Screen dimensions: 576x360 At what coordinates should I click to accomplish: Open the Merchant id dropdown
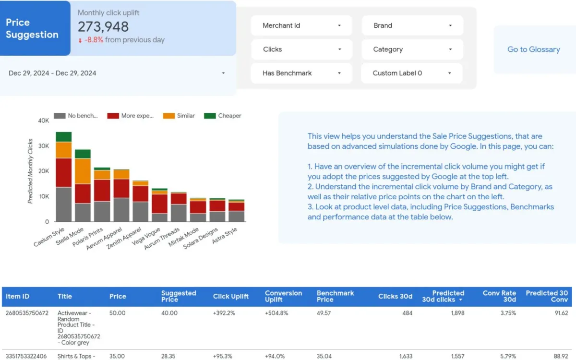[301, 25]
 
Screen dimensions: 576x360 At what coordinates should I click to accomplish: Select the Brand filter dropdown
[412, 25]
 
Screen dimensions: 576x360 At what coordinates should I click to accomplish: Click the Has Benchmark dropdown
[301, 73]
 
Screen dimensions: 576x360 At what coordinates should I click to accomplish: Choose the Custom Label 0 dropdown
[412, 73]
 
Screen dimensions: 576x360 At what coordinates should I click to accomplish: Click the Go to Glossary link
[533, 49]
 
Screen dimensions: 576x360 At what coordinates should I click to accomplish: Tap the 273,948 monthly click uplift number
[103, 27]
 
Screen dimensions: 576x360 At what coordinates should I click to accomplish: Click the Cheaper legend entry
[224, 116]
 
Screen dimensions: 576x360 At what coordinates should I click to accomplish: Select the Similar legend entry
[180, 116]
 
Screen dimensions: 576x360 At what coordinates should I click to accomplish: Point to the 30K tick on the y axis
[43, 146]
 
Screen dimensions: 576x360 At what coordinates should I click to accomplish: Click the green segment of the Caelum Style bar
[63, 137]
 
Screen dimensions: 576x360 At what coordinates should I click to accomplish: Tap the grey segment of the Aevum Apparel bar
[121, 209]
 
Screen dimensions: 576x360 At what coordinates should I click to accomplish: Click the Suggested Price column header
[179, 296]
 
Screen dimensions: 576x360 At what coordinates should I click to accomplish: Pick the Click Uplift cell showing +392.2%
[224, 313]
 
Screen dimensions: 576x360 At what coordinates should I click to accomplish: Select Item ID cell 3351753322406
[27, 356]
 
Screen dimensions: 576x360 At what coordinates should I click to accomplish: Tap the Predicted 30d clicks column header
[443, 296]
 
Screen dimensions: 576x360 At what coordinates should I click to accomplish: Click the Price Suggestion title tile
[32, 28]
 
